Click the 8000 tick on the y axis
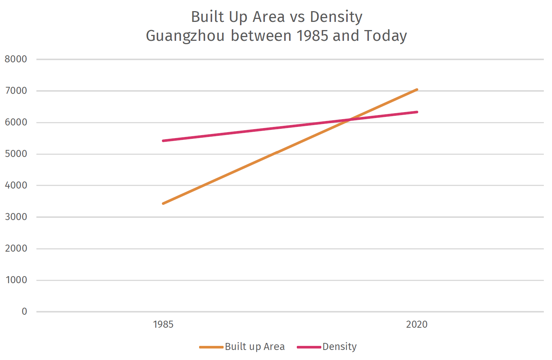click(x=16, y=59)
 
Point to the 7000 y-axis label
click(x=16, y=91)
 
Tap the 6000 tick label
click(x=16, y=122)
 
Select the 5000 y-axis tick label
click(x=16, y=154)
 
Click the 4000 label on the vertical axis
click(x=16, y=185)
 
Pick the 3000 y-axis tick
click(x=16, y=217)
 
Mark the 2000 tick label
click(x=16, y=248)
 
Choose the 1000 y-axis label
click(x=16, y=280)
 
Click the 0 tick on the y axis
click(x=24, y=311)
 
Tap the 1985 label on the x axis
click(x=163, y=324)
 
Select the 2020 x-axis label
click(x=417, y=324)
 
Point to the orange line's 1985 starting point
click(x=163, y=203)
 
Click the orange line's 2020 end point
click(x=417, y=89)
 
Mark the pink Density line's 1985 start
click(x=163, y=141)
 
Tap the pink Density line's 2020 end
click(x=417, y=112)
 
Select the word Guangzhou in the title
click(x=185, y=36)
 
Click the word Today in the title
click(x=385, y=36)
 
